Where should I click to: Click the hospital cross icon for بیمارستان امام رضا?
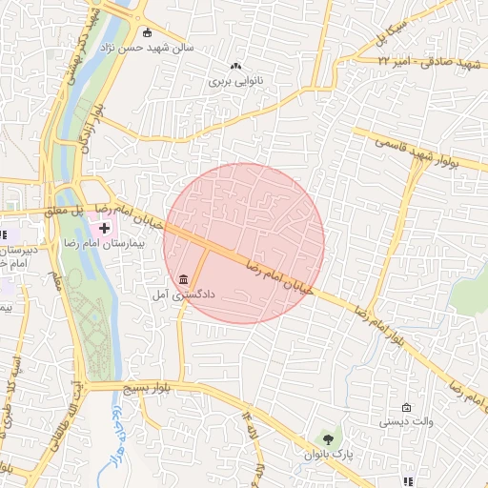tap(104, 230)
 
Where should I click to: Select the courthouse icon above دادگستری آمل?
tap(183, 279)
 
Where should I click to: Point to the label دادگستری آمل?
tap(183, 295)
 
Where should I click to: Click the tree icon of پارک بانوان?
tap(329, 439)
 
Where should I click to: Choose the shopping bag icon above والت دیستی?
tap(407, 407)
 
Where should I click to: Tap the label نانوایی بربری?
tap(234, 82)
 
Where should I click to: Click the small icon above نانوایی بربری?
tap(235, 67)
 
